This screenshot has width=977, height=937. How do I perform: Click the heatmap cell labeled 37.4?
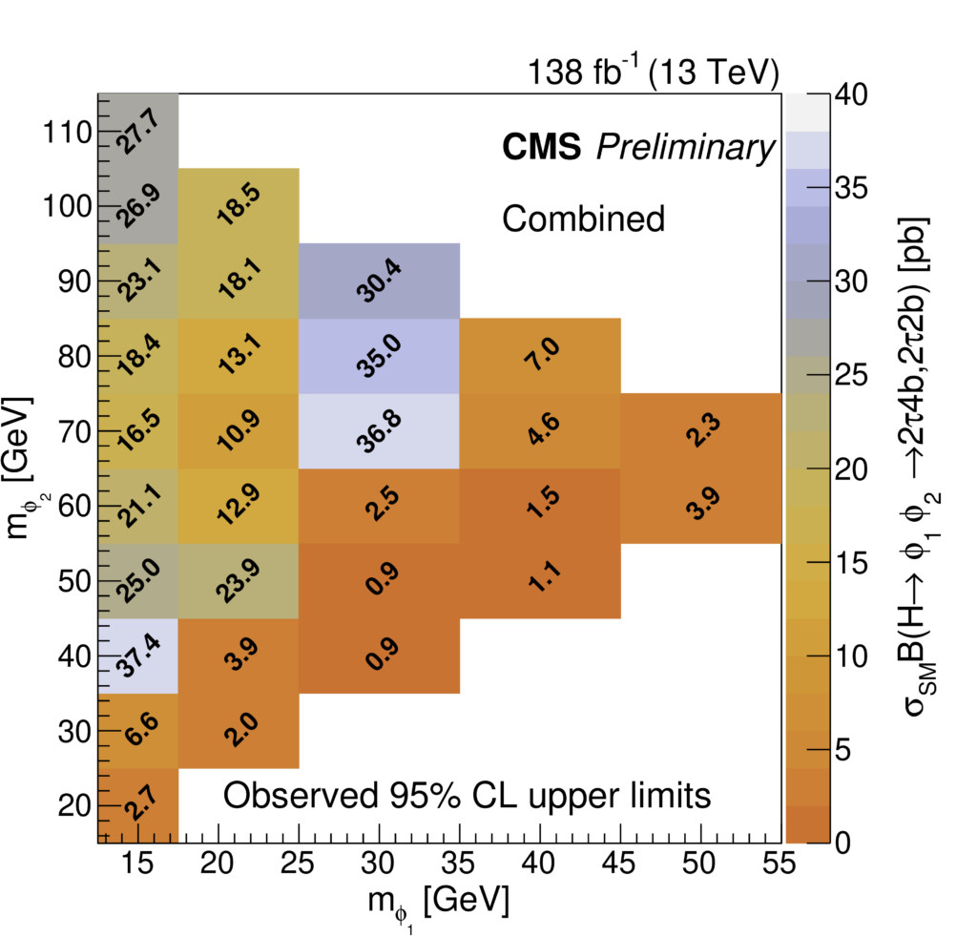[x=138, y=656]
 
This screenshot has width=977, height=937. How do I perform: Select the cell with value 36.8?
[x=380, y=431]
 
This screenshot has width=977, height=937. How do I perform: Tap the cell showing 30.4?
[x=380, y=281]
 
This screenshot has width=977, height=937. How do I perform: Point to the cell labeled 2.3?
[x=700, y=431]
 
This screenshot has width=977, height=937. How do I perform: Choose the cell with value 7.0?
[x=540, y=356]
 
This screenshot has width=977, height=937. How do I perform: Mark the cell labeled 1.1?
[x=540, y=581]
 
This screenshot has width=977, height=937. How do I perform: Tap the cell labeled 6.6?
[x=138, y=731]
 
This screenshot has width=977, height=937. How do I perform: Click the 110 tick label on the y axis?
[x=63, y=132]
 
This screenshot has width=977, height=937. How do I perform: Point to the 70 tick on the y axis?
[x=73, y=431]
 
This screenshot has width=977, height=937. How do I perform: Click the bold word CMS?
[x=540, y=148]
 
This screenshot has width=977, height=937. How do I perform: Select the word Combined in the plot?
[x=583, y=219]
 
